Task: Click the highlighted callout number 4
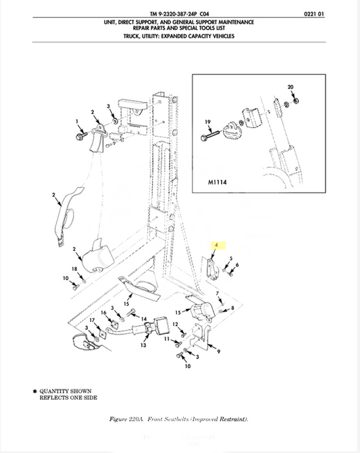(216, 245)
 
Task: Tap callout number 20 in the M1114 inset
(290, 87)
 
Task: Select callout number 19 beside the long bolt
(207, 122)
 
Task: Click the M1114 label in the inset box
(217, 183)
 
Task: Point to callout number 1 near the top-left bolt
(77, 121)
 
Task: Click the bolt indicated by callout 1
(81, 136)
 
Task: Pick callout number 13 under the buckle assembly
(143, 345)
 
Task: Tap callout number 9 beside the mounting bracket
(219, 352)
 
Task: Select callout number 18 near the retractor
(74, 269)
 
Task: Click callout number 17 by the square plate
(92, 320)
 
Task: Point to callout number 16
(103, 312)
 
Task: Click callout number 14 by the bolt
(144, 319)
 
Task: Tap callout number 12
(175, 324)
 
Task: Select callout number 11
(167, 339)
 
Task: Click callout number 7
(217, 293)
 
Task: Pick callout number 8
(232, 308)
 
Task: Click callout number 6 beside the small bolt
(237, 265)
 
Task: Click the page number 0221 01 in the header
(314, 14)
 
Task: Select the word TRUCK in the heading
(132, 36)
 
